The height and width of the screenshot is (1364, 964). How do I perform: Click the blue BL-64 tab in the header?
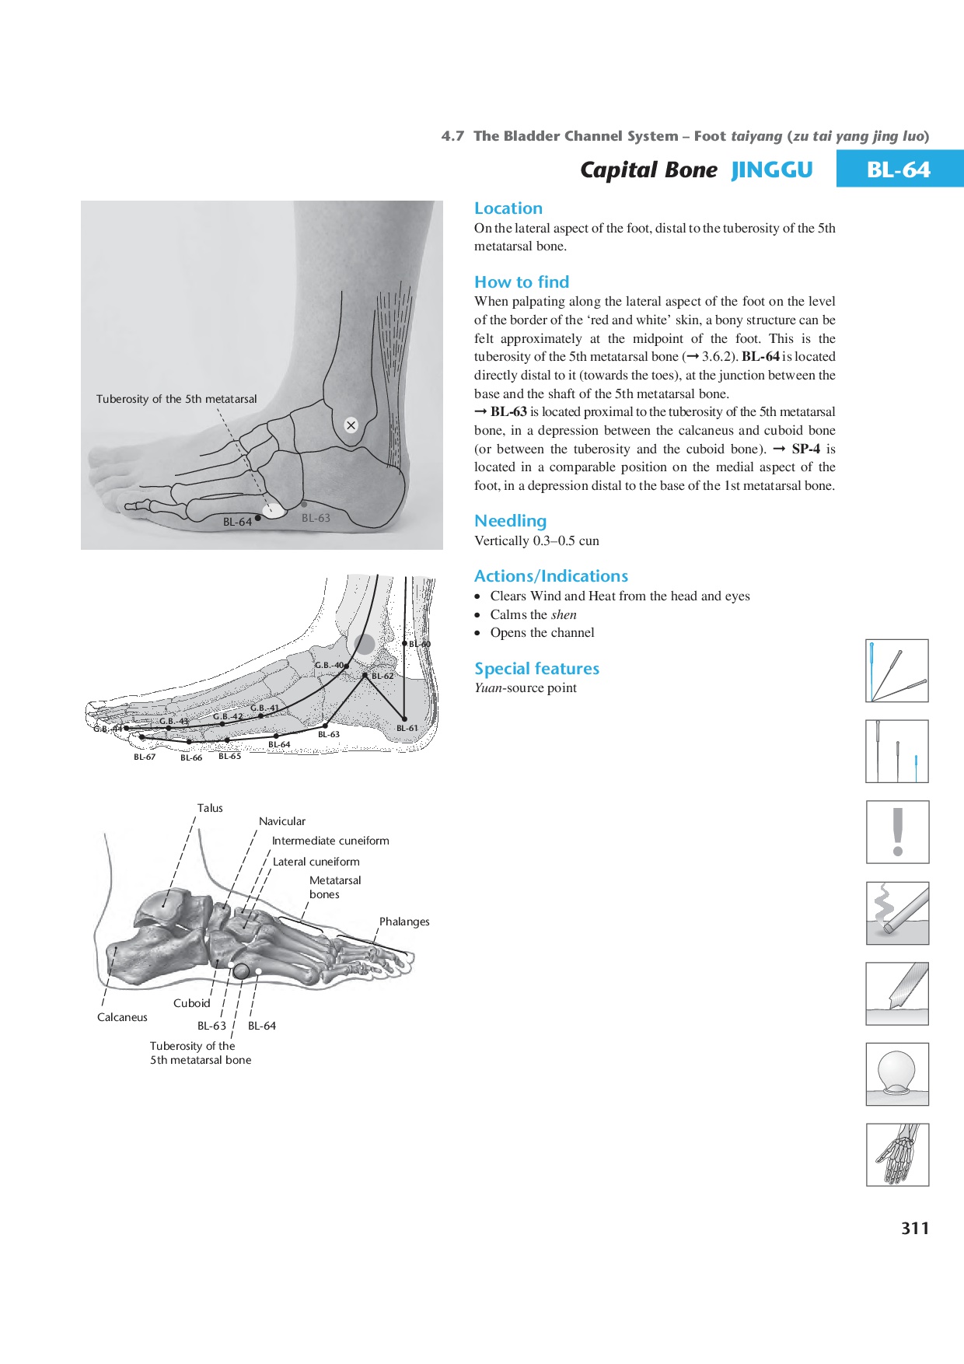(899, 169)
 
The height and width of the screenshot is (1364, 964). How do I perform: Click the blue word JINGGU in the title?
(772, 170)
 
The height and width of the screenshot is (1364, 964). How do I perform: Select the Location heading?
(508, 208)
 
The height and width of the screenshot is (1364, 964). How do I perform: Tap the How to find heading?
(522, 282)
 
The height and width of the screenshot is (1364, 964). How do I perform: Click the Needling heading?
(511, 521)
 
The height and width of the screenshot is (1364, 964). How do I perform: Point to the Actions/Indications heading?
(551, 576)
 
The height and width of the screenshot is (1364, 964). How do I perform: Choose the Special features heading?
(536, 669)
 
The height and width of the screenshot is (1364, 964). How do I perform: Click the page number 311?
(915, 1228)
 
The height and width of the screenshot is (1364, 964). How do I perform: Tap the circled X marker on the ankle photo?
(351, 425)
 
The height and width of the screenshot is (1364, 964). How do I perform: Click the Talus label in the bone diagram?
(210, 808)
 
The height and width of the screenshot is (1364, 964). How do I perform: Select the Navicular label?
(282, 821)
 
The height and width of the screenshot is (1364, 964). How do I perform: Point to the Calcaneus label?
(122, 1017)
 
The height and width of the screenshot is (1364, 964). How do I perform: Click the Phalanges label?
(404, 922)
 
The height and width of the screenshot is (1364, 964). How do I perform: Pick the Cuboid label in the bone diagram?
(191, 1003)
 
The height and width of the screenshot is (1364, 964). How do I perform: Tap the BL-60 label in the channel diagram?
(420, 644)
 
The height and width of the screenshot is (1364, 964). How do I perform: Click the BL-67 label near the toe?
(145, 757)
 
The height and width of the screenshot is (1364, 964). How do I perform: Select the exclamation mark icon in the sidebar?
(898, 832)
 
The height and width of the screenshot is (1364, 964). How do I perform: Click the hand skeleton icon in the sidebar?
(898, 1155)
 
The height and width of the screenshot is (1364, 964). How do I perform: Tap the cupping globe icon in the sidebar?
(898, 1074)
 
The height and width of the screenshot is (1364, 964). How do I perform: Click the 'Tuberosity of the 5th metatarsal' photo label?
(176, 399)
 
